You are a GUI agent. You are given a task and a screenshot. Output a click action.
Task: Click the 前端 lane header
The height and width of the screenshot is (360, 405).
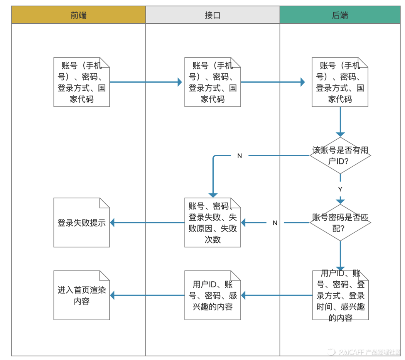click(79, 15)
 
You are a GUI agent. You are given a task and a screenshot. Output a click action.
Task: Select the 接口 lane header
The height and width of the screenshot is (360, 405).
click(213, 15)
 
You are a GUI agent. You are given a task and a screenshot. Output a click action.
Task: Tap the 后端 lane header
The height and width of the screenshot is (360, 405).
click(340, 15)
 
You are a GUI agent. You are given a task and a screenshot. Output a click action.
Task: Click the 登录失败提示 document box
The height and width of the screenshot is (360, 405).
click(81, 223)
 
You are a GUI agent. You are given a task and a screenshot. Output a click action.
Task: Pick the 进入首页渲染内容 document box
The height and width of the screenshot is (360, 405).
click(81, 295)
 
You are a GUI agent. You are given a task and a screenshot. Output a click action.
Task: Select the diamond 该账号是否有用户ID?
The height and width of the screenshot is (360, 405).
click(340, 155)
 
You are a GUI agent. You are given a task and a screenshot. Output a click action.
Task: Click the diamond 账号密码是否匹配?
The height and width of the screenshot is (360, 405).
click(340, 223)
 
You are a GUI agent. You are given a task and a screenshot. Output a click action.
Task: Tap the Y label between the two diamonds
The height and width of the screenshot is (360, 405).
click(340, 189)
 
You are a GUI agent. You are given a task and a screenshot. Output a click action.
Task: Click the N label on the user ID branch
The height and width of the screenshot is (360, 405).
click(240, 156)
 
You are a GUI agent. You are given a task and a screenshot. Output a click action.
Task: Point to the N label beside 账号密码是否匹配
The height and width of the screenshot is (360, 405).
click(275, 223)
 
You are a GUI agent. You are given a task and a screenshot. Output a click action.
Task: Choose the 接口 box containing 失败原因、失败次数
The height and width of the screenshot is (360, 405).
click(213, 223)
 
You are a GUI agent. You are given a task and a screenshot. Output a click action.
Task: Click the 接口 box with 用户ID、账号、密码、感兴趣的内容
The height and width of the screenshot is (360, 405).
click(213, 295)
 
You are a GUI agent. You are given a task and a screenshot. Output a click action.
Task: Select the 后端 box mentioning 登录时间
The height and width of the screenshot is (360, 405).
click(340, 295)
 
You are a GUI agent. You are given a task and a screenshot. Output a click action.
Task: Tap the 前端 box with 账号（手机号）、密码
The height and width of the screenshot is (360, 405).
click(81, 82)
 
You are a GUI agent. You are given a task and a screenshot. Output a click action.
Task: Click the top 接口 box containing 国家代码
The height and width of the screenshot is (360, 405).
click(213, 82)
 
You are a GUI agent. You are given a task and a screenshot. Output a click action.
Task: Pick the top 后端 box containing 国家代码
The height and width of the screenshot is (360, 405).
click(340, 82)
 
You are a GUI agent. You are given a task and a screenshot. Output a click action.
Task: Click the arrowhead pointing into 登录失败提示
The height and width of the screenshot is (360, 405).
click(113, 223)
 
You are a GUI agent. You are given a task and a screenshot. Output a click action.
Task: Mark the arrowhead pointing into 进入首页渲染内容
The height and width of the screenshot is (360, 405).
click(113, 296)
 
